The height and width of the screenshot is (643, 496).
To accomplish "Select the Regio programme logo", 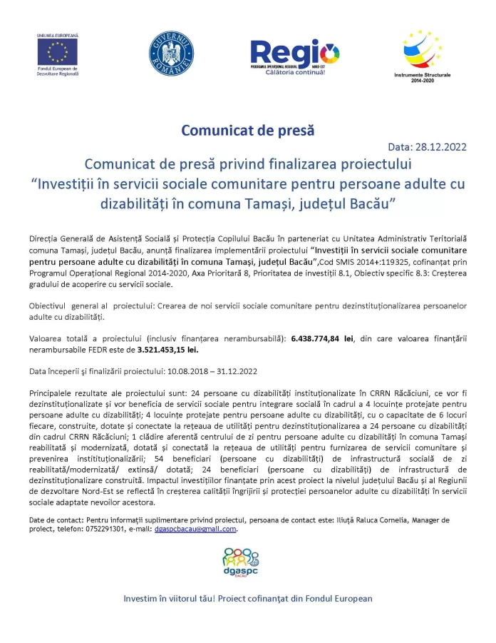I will pos(294,53).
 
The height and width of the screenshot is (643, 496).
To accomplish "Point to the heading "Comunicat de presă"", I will pos(247,131).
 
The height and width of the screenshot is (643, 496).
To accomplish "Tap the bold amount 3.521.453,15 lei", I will pos(167,350).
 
